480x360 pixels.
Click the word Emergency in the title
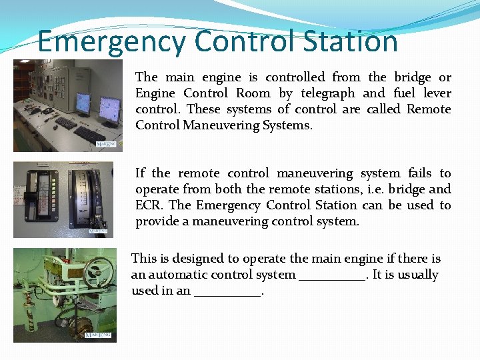pyautogui.click(x=113, y=41)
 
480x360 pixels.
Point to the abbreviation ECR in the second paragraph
pyautogui.click(x=149, y=205)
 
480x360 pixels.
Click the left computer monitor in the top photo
pyautogui.click(x=83, y=103)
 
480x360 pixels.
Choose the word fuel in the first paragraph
pyautogui.click(x=405, y=93)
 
